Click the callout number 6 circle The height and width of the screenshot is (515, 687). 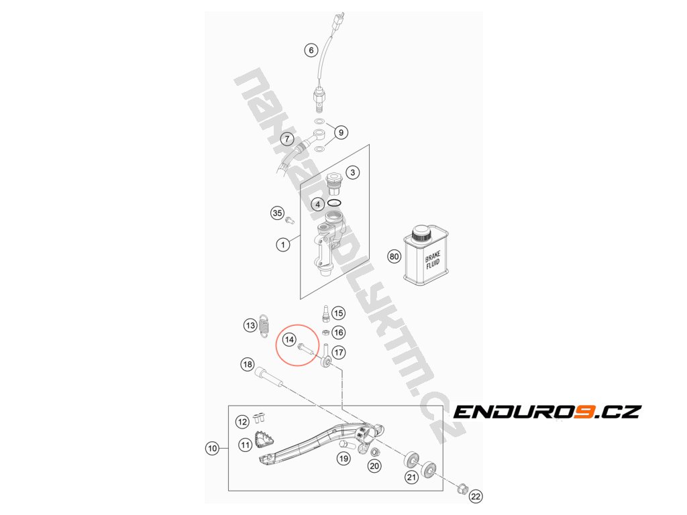coord(310,50)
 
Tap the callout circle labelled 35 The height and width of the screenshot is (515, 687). coord(277,213)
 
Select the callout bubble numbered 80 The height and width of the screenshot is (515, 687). coord(394,255)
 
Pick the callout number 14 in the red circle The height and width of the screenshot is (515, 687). coord(289,339)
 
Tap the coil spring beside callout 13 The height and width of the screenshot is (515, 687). coord(265,324)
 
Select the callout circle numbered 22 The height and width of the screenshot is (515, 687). coord(476,497)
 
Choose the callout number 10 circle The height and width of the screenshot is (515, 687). coord(213,448)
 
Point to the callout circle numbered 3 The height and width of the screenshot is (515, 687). coord(354,172)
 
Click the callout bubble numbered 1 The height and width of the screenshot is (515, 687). coord(283,245)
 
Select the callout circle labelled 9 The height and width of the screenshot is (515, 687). coord(340,132)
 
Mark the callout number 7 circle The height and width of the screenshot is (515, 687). coord(286,140)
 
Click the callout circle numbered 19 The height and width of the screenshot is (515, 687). coord(343,459)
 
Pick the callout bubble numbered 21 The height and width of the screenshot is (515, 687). coord(411,477)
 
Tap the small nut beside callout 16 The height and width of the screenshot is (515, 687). coord(324,332)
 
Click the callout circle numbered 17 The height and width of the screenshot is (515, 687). coord(338,351)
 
